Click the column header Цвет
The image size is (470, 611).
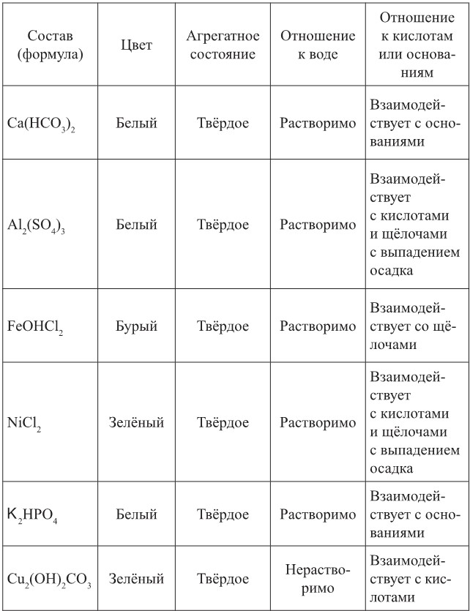pyautogui.click(x=136, y=45)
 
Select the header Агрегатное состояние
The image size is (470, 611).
pyautogui.click(x=223, y=45)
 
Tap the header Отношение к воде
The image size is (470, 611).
pyautogui.click(x=317, y=45)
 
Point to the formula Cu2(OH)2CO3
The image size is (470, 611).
pyautogui.click(x=49, y=580)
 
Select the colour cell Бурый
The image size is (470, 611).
pyautogui.click(x=136, y=326)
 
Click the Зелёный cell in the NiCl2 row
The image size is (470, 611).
pyautogui.click(x=136, y=423)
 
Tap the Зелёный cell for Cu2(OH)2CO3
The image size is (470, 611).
pyautogui.click(x=136, y=579)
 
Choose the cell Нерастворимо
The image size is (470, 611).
pyautogui.click(x=317, y=579)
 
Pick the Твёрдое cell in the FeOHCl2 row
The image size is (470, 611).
pyautogui.click(x=223, y=326)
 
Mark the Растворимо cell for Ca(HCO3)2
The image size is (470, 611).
pyautogui.click(x=317, y=123)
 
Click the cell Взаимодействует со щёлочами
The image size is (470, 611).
pyautogui.click(x=415, y=326)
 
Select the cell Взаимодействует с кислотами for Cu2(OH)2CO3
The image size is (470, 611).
pyautogui.click(x=415, y=579)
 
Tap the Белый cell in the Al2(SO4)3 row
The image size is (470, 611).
pyautogui.click(x=136, y=225)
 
